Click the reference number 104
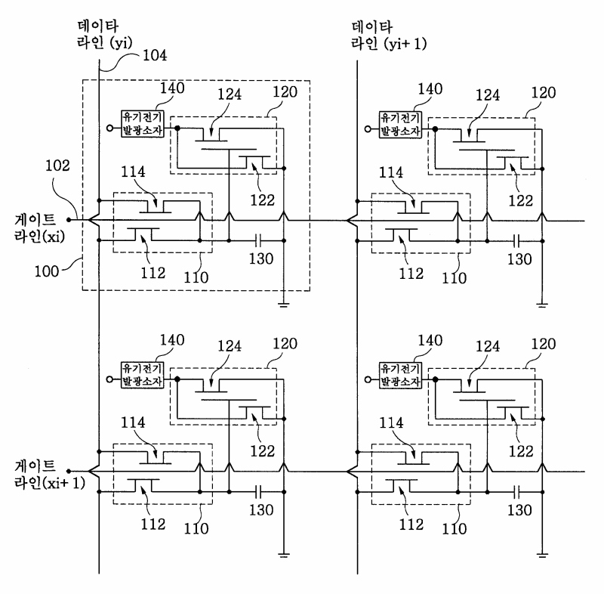(x=155, y=55)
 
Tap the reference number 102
(x=58, y=166)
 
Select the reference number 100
(x=47, y=271)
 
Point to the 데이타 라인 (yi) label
(x=104, y=35)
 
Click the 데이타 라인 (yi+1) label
(x=389, y=36)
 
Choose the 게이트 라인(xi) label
(x=39, y=228)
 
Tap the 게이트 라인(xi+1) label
(x=49, y=475)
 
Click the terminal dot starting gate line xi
(x=69, y=220)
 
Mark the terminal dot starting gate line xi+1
(x=69, y=471)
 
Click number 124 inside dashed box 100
(x=230, y=94)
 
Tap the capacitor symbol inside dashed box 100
(x=258, y=241)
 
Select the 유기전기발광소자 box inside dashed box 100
(x=142, y=124)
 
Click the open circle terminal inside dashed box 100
(x=109, y=128)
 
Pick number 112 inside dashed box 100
(x=153, y=273)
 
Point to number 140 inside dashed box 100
(x=172, y=88)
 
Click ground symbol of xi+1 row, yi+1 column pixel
(x=542, y=555)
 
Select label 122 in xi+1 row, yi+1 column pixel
(x=521, y=451)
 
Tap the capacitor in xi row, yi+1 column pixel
(x=516, y=242)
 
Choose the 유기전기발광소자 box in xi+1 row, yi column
(x=142, y=375)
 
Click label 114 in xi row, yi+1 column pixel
(x=391, y=173)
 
